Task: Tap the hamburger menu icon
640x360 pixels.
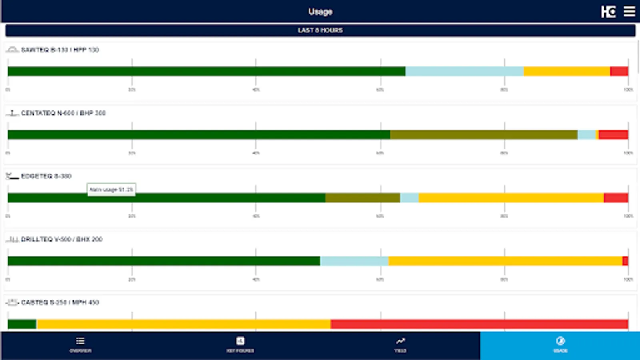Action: click(x=629, y=12)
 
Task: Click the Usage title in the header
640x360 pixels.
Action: click(x=320, y=12)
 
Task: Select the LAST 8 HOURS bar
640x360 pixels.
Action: click(x=320, y=30)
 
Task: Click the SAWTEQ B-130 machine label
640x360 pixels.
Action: click(x=60, y=50)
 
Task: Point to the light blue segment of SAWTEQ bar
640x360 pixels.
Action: click(x=464, y=72)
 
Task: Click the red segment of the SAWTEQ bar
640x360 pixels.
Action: click(x=619, y=72)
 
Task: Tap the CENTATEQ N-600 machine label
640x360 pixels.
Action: click(x=63, y=113)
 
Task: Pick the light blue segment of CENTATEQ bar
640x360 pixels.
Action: click(x=586, y=135)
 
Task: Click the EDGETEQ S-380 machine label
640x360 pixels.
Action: click(x=46, y=176)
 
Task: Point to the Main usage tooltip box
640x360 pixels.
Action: click(x=111, y=190)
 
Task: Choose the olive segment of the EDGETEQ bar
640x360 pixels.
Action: click(x=362, y=198)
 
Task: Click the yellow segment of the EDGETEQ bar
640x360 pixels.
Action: click(x=511, y=198)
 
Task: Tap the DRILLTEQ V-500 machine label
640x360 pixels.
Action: click(x=62, y=239)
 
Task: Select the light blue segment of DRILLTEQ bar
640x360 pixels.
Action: click(x=354, y=261)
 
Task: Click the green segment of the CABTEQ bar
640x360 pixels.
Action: click(x=22, y=324)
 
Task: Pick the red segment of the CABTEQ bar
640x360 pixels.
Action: click(x=479, y=324)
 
